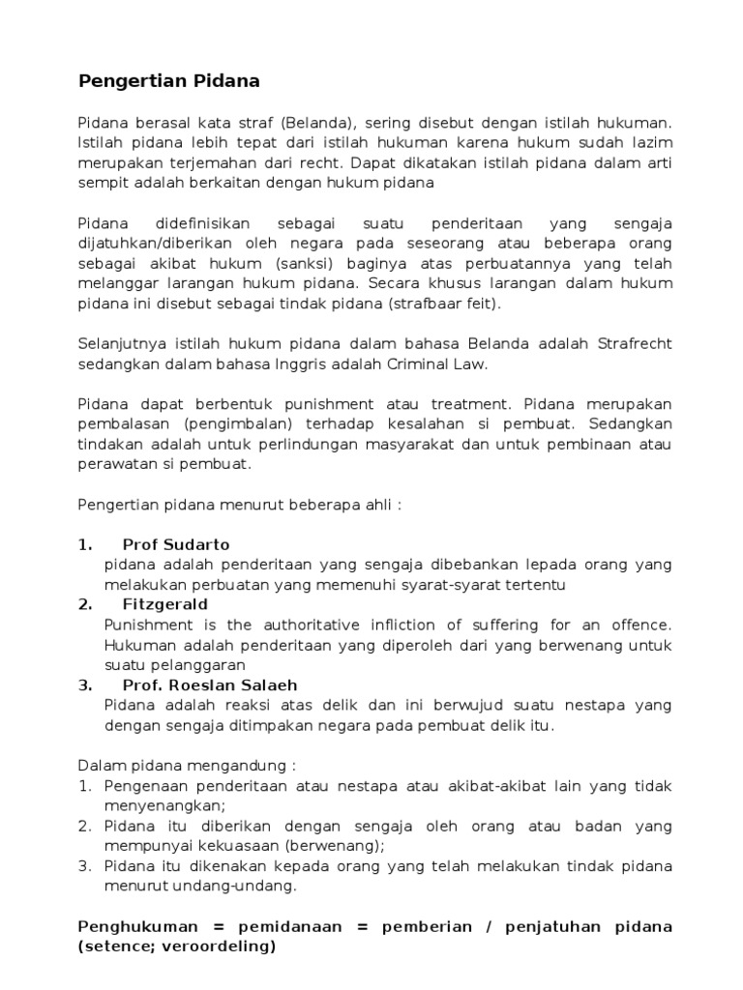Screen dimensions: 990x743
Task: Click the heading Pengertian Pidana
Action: [168, 81]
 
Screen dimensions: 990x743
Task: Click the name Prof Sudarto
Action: [176, 543]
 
